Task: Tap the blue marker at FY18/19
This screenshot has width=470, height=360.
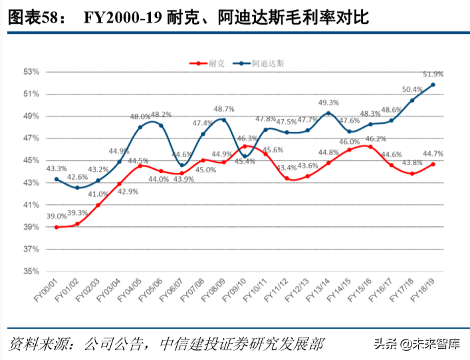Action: (433, 85)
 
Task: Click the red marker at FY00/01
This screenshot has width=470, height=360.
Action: (57, 227)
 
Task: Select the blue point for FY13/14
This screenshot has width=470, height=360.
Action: (328, 113)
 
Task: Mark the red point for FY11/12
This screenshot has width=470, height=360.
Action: (287, 178)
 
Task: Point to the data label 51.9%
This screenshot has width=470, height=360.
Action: (432, 74)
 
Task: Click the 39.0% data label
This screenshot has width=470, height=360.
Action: (56, 216)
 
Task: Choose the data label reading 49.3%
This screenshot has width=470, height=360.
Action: (328, 102)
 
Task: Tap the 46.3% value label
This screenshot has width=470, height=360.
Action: (245, 138)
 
